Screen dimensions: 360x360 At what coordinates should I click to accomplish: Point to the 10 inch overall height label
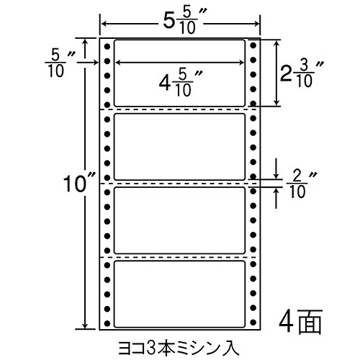pos(79,183)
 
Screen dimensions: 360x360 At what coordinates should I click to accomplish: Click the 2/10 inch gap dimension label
pos(302,185)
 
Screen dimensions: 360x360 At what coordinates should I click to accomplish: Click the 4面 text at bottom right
pos(300,321)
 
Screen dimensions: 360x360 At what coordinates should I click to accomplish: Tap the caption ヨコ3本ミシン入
pos(179,348)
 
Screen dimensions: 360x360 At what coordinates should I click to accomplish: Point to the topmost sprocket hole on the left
pos(107,46)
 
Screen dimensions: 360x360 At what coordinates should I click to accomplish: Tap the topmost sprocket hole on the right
pos(253,45)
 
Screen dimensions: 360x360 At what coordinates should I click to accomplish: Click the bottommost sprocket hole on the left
pos(107,323)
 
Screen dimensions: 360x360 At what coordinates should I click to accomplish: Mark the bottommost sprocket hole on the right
pos(253,322)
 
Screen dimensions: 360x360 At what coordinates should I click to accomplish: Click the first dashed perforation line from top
pos(180,109)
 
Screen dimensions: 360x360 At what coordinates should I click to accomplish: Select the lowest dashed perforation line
pos(180,257)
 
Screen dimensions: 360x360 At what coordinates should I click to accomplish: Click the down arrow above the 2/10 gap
pos(276,168)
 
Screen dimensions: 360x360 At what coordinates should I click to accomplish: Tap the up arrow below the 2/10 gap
pos(276,198)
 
